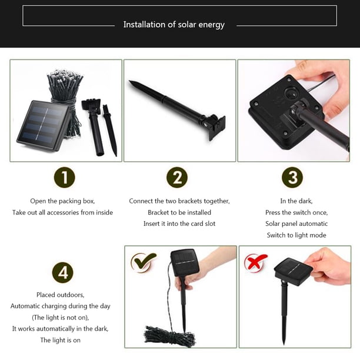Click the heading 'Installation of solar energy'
tap(174, 25)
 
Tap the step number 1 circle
tap(65, 177)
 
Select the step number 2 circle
tap(177, 177)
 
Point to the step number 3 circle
tap(292, 177)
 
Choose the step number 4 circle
tap(63, 272)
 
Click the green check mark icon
tap(144, 262)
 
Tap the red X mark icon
tap(255, 263)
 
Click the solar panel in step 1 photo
tap(44, 125)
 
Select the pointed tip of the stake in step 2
tap(129, 81)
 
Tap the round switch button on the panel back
tap(290, 93)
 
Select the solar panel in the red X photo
tap(293, 271)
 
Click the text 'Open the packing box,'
tap(62, 201)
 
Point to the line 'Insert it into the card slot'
tap(179, 224)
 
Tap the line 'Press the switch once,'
tap(296, 212)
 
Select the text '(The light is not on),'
tap(61, 318)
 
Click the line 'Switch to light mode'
tap(296, 235)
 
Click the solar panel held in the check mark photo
tap(184, 262)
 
